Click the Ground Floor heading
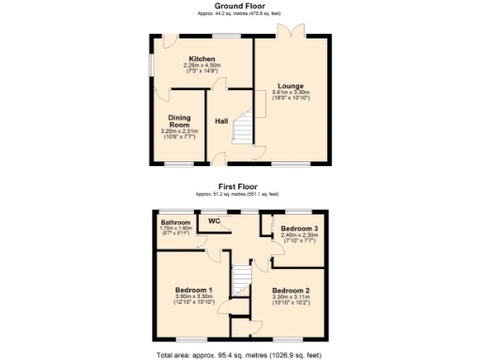(239, 6)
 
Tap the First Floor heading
(239, 187)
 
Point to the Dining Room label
(179, 121)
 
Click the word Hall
(222, 121)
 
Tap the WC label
(214, 221)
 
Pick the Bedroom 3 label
(298, 229)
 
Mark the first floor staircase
(242, 277)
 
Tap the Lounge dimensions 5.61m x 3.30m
(289, 95)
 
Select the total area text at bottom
(239, 355)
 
